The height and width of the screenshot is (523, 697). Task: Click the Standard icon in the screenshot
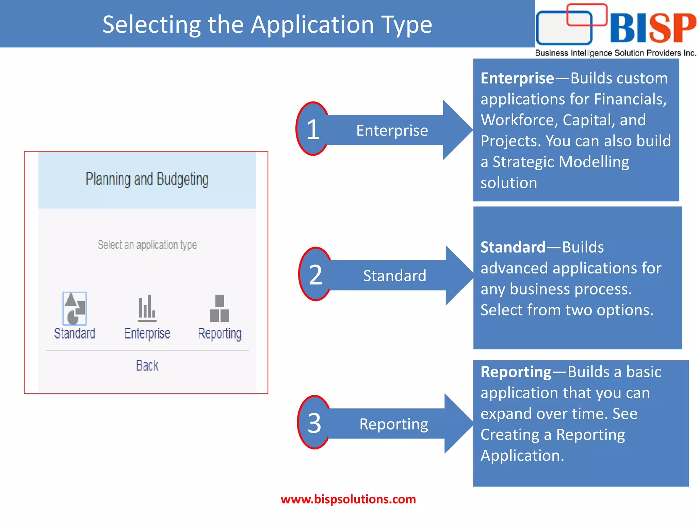[x=75, y=308]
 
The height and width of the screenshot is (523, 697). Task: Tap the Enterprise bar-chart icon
[x=147, y=308]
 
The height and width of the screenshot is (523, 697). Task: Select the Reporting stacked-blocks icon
[x=220, y=308]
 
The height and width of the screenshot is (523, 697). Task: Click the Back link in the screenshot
[x=147, y=366]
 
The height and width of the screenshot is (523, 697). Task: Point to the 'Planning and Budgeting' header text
[x=147, y=179]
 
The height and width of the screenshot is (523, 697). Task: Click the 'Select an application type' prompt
[x=147, y=245]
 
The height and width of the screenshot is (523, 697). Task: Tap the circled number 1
[x=313, y=129]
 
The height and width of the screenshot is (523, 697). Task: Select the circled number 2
[x=315, y=274]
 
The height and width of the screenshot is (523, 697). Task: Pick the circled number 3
[x=314, y=423]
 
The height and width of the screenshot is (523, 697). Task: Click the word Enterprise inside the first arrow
[x=392, y=130]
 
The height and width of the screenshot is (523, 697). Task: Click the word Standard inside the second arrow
[x=394, y=276]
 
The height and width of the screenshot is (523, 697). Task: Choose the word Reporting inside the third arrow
[x=394, y=424]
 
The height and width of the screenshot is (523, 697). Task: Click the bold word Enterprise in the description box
[x=517, y=78]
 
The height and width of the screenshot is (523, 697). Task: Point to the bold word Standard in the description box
[x=513, y=247]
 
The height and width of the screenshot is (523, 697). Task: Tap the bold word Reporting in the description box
[x=516, y=372]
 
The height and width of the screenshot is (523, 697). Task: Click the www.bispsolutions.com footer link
[x=348, y=499]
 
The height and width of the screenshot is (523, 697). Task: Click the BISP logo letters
[x=653, y=28]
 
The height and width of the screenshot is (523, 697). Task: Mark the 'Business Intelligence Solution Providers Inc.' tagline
[x=615, y=53]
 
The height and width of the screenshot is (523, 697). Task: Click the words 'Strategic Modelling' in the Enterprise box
[x=561, y=162]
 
